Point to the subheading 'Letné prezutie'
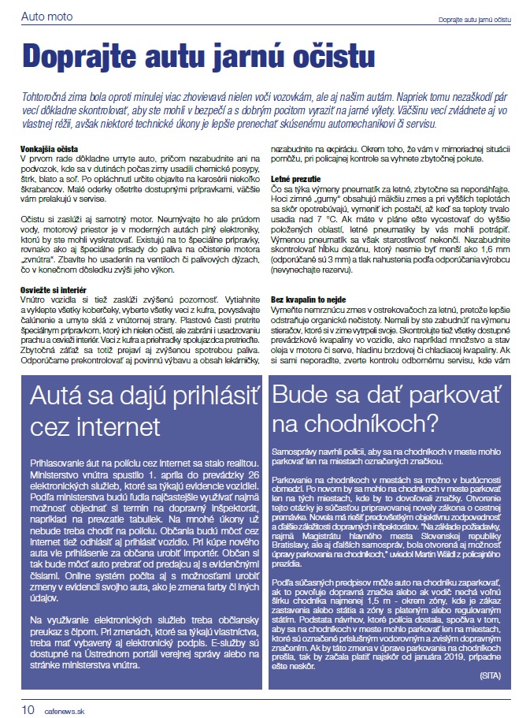pos(298,179)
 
